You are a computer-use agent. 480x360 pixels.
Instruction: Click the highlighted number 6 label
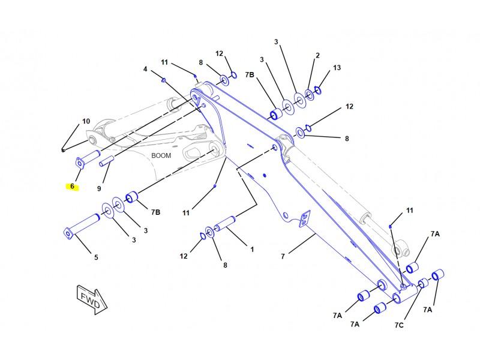click(72, 186)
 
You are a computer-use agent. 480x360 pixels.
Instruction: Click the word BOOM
click(161, 155)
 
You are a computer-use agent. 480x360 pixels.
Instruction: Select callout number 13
click(337, 68)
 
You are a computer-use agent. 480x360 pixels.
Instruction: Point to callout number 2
click(317, 55)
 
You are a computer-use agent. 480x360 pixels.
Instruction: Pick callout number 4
click(145, 69)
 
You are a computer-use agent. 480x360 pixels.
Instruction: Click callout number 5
click(96, 257)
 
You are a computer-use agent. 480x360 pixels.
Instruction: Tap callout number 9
click(99, 188)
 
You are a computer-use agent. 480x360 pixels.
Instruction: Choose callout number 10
click(86, 121)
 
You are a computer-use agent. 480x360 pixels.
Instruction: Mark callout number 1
click(252, 250)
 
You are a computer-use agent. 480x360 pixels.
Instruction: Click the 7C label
click(399, 325)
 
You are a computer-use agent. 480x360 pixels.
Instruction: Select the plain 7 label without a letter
click(283, 256)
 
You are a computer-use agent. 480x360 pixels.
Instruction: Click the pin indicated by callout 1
click(224, 224)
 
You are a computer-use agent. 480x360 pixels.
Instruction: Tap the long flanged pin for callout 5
click(82, 227)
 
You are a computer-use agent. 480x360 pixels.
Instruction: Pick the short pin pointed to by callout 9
click(107, 161)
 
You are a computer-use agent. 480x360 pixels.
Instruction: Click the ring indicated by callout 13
click(318, 90)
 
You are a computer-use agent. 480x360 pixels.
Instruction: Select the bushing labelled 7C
click(424, 283)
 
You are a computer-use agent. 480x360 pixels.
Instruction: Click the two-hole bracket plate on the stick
click(304, 218)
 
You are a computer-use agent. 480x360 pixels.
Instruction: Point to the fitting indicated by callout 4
click(164, 80)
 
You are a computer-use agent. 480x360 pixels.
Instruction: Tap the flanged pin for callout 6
click(88, 159)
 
